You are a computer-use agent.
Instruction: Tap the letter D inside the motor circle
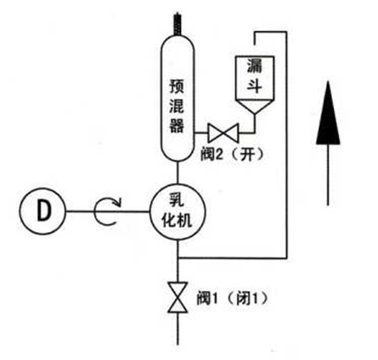pyautogui.click(x=43, y=211)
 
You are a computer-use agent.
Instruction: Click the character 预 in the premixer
pyautogui.click(x=177, y=86)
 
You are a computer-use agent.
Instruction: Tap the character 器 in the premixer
pyautogui.click(x=177, y=124)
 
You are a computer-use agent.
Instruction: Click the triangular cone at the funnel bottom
pyautogui.click(x=255, y=108)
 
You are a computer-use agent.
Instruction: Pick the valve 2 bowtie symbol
pyautogui.click(x=223, y=133)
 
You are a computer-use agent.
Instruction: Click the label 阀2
pyautogui.click(x=211, y=154)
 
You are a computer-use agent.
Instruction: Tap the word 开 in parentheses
pyautogui.click(x=246, y=154)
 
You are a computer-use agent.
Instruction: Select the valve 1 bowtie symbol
pyautogui.click(x=178, y=297)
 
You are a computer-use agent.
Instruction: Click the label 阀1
pyautogui.click(x=208, y=298)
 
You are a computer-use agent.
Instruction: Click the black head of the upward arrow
pyautogui.click(x=328, y=113)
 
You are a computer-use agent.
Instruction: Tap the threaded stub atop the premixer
pyautogui.click(x=178, y=24)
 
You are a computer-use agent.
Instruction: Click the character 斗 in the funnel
pyautogui.click(x=254, y=86)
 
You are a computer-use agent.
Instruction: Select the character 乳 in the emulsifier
pyautogui.click(x=177, y=199)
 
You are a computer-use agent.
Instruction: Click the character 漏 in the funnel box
pyautogui.click(x=254, y=66)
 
